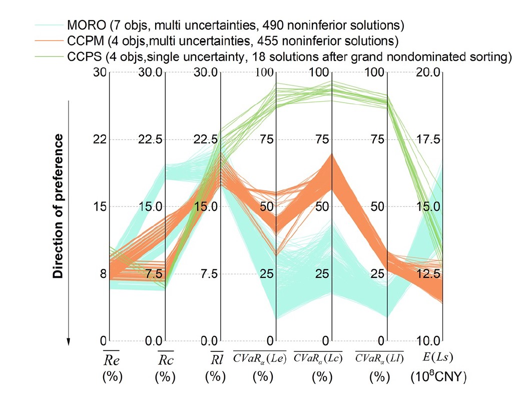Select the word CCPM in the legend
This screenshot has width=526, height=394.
[x=82, y=40]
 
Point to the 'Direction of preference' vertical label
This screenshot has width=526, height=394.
[x=60, y=206]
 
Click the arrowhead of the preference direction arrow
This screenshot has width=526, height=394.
[x=69, y=342]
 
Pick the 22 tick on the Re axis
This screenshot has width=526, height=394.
[x=100, y=139]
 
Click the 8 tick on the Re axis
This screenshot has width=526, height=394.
[x=104, y=274]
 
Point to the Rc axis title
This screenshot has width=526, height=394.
[x=166, y=360]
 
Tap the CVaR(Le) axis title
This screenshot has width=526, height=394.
[x=259, y=357]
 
